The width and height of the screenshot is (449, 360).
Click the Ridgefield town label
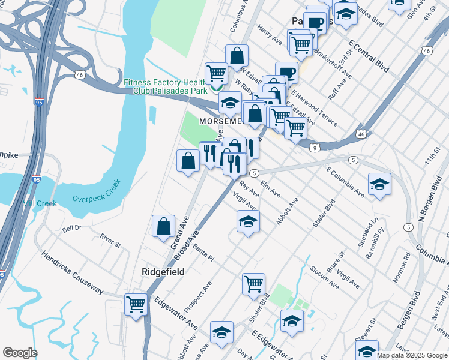pos(163,272)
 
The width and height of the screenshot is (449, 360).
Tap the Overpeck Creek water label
pos(97,190)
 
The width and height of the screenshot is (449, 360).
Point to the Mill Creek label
pos(40,203)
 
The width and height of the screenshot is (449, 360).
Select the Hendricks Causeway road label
pos(72,272)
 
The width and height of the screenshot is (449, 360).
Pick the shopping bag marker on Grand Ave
pos(163,227)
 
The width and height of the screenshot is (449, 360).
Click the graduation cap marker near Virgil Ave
pos(247,221)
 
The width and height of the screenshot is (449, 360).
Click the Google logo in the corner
pos(19,353)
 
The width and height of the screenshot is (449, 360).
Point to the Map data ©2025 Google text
pos(412,355)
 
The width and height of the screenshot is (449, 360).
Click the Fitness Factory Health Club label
pos(165,86)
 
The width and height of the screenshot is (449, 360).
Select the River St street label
pos(110,241)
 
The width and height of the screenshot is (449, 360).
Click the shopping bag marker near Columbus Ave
pos(237,56)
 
